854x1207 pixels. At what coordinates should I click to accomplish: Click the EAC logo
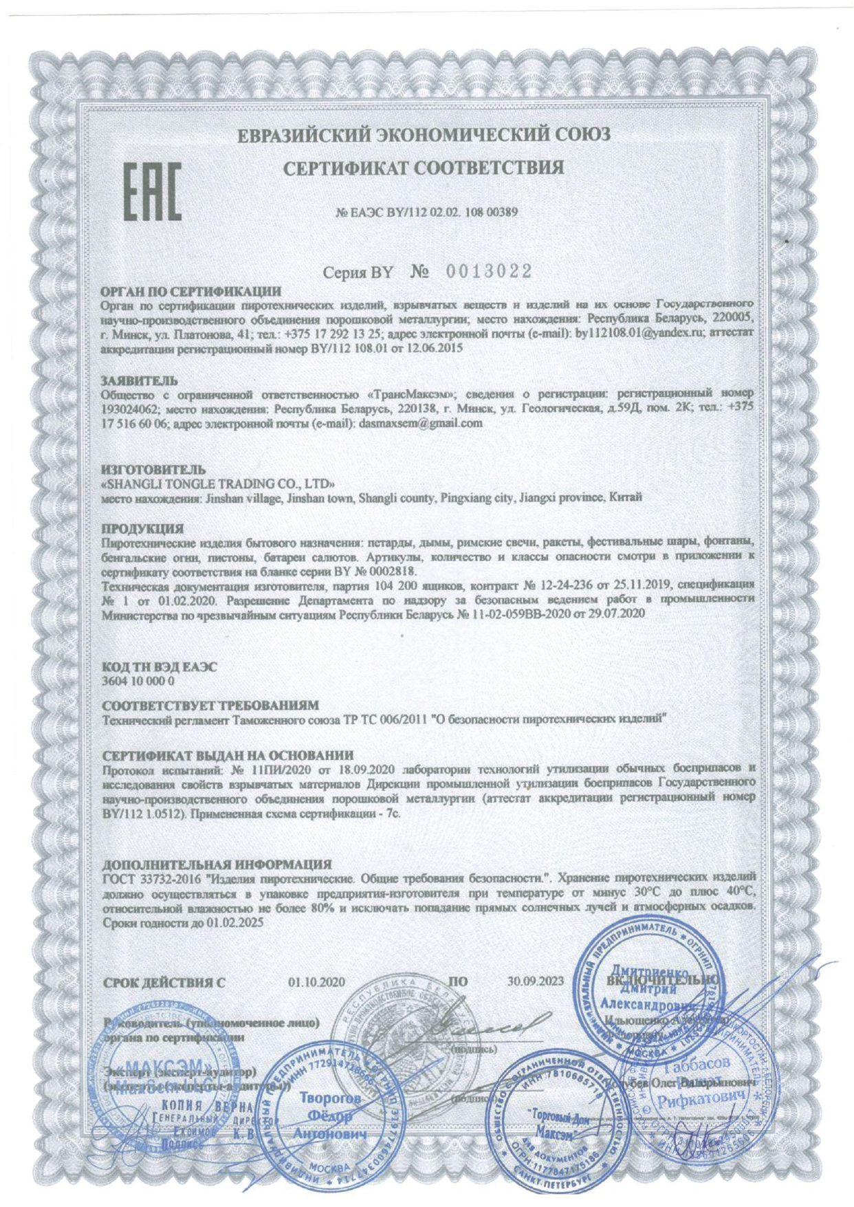pyautogui.click(x=152, y=191)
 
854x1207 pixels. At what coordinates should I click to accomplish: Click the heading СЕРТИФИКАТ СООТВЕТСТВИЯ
pyautogui.click(x=424, y=167)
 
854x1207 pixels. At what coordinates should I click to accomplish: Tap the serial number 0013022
pyautogui.click(x=489, y=272)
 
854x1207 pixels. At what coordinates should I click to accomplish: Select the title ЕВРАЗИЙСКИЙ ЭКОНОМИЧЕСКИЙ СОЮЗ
pyautogui.click(x=424, y=133)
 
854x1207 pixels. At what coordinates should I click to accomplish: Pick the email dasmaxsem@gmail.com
pyautogui.click(x=420, y=424)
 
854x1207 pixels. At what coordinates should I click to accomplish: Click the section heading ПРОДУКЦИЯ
pyautogui.click(x=142, y=529)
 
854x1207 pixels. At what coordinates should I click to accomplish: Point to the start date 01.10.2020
pyautogui.click(x=317, y=983)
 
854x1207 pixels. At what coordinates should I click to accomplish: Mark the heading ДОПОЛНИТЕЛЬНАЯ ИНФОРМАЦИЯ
pyautogui.click(x=217, y=864)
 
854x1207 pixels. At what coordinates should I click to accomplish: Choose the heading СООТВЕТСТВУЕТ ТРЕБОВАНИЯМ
pyautogui.click(x=210, y=706)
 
